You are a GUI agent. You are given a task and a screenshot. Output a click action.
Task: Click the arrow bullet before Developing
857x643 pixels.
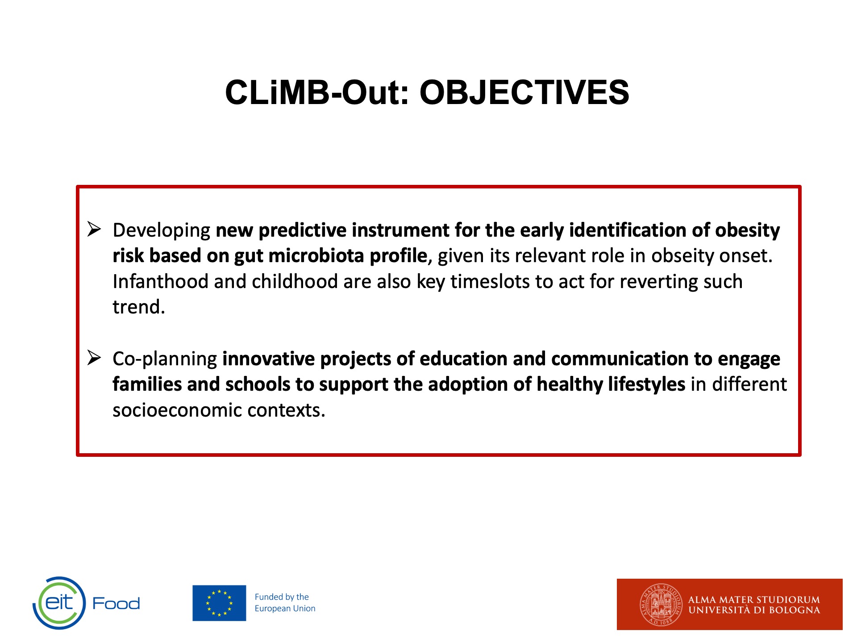pos(94,229)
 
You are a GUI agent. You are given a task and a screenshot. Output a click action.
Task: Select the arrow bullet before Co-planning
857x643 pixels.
pos(94,358)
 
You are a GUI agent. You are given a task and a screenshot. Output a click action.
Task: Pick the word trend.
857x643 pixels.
pos(139,307)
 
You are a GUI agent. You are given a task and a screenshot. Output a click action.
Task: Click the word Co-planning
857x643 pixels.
pos(165,359)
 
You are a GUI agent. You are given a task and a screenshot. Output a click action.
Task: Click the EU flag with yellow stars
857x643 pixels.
pos(219,603)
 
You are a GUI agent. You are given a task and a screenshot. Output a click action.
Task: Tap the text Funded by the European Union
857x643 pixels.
pos(285,603)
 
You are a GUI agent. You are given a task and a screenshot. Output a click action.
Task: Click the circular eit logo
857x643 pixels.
pos(59,603)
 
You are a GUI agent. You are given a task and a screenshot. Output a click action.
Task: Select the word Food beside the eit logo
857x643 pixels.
pos(116,604)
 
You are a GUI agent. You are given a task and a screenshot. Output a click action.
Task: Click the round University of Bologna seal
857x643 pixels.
pos(661,605)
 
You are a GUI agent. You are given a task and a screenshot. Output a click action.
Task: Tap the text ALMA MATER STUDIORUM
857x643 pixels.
pos(754,599)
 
